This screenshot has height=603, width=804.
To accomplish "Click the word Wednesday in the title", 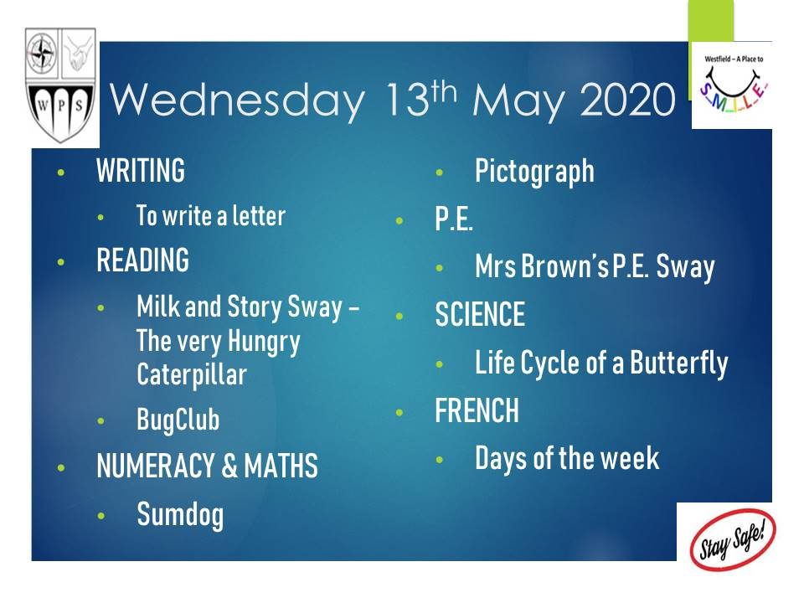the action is coord(237,100).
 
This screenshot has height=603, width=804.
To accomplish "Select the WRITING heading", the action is coord(141,171).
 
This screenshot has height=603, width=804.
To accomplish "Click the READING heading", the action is coord(142,260).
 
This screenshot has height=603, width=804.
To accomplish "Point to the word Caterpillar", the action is coord(191,374).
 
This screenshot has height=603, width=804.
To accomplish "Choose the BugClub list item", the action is coord(178,420).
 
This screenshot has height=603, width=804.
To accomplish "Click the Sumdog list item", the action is coord(180,515).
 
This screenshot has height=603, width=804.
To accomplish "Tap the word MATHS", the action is coord(281,466).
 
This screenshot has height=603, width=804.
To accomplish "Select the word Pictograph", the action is coord(534,172).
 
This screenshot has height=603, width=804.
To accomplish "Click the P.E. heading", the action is coord(454,219).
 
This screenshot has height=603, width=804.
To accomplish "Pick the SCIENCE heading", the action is coord(480,314).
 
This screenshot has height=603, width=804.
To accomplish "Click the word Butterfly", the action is coord(679,363).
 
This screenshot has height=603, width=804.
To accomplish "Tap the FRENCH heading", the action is coord(477,410).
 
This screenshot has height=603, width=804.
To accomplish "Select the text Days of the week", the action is coord(567,458).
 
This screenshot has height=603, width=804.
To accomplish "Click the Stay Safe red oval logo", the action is coord(733,539).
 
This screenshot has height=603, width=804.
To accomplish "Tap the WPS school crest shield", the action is coord(60,85).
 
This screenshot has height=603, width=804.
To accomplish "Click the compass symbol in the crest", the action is coord(43,53).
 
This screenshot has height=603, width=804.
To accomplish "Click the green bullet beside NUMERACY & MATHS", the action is coord(61,467).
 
